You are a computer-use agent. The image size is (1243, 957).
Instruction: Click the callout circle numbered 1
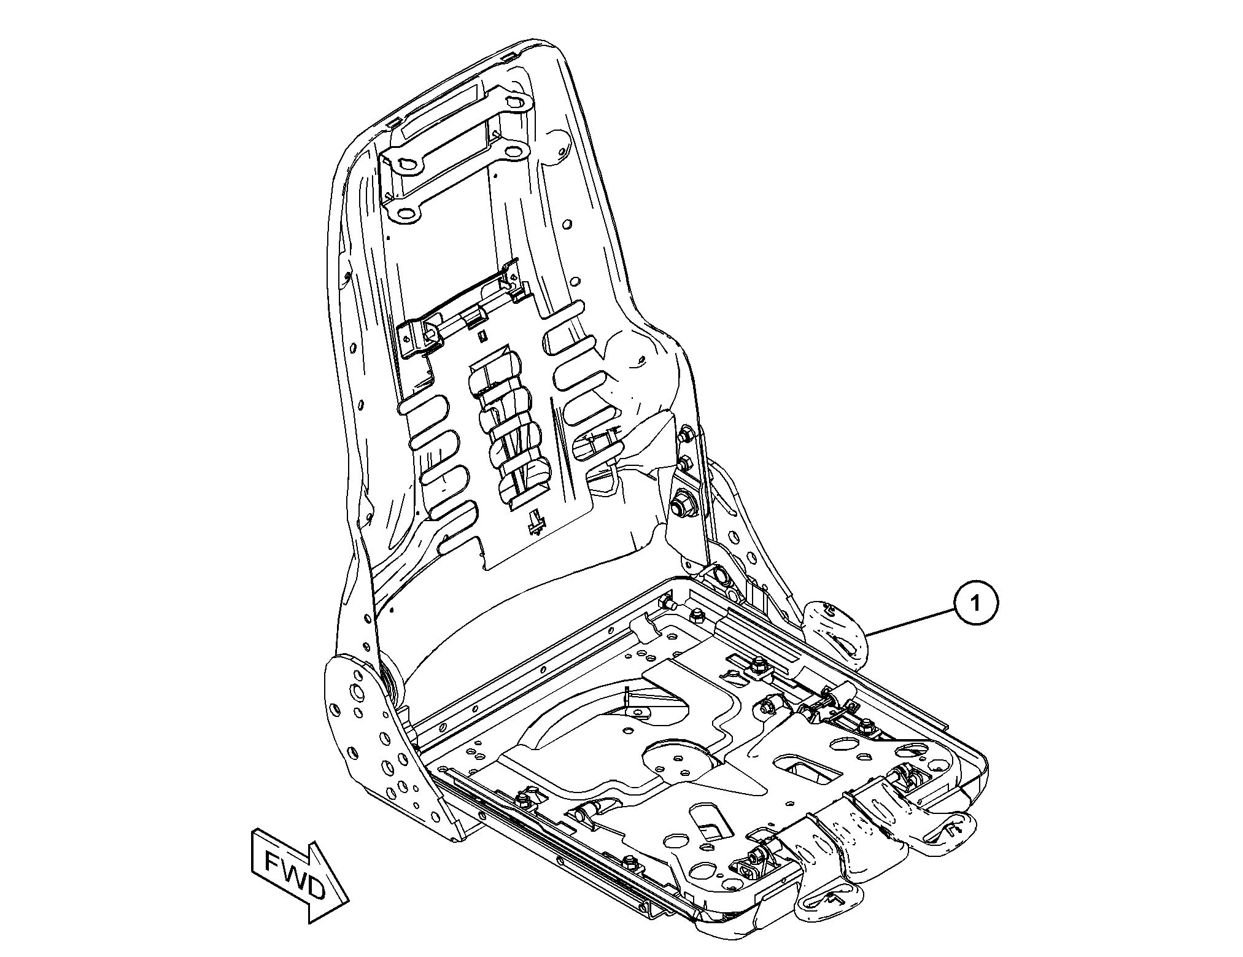[975, 603]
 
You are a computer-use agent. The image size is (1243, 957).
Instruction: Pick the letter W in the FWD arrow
[292, 874]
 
